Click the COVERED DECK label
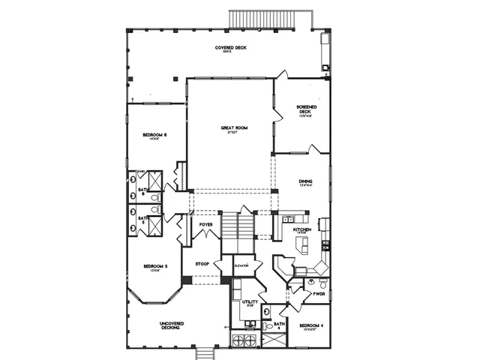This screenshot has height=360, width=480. point(230,47)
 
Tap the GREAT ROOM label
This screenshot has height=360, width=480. point(234,127)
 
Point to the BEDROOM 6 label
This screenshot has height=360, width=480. point(154,135)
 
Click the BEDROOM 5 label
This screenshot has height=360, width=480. point(155,266)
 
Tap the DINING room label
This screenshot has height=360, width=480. point(304,181)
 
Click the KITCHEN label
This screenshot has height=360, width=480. point(301,229)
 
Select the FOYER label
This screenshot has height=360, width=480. point(205,223)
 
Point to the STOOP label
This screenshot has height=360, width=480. point(202,264)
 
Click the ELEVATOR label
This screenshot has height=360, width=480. point(241,266)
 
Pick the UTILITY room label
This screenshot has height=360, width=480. point(250,301)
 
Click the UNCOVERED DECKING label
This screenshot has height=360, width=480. point(172,325)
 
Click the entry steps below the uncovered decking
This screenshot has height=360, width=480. point(204,352)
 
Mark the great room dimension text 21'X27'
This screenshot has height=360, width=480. point(234,133)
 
